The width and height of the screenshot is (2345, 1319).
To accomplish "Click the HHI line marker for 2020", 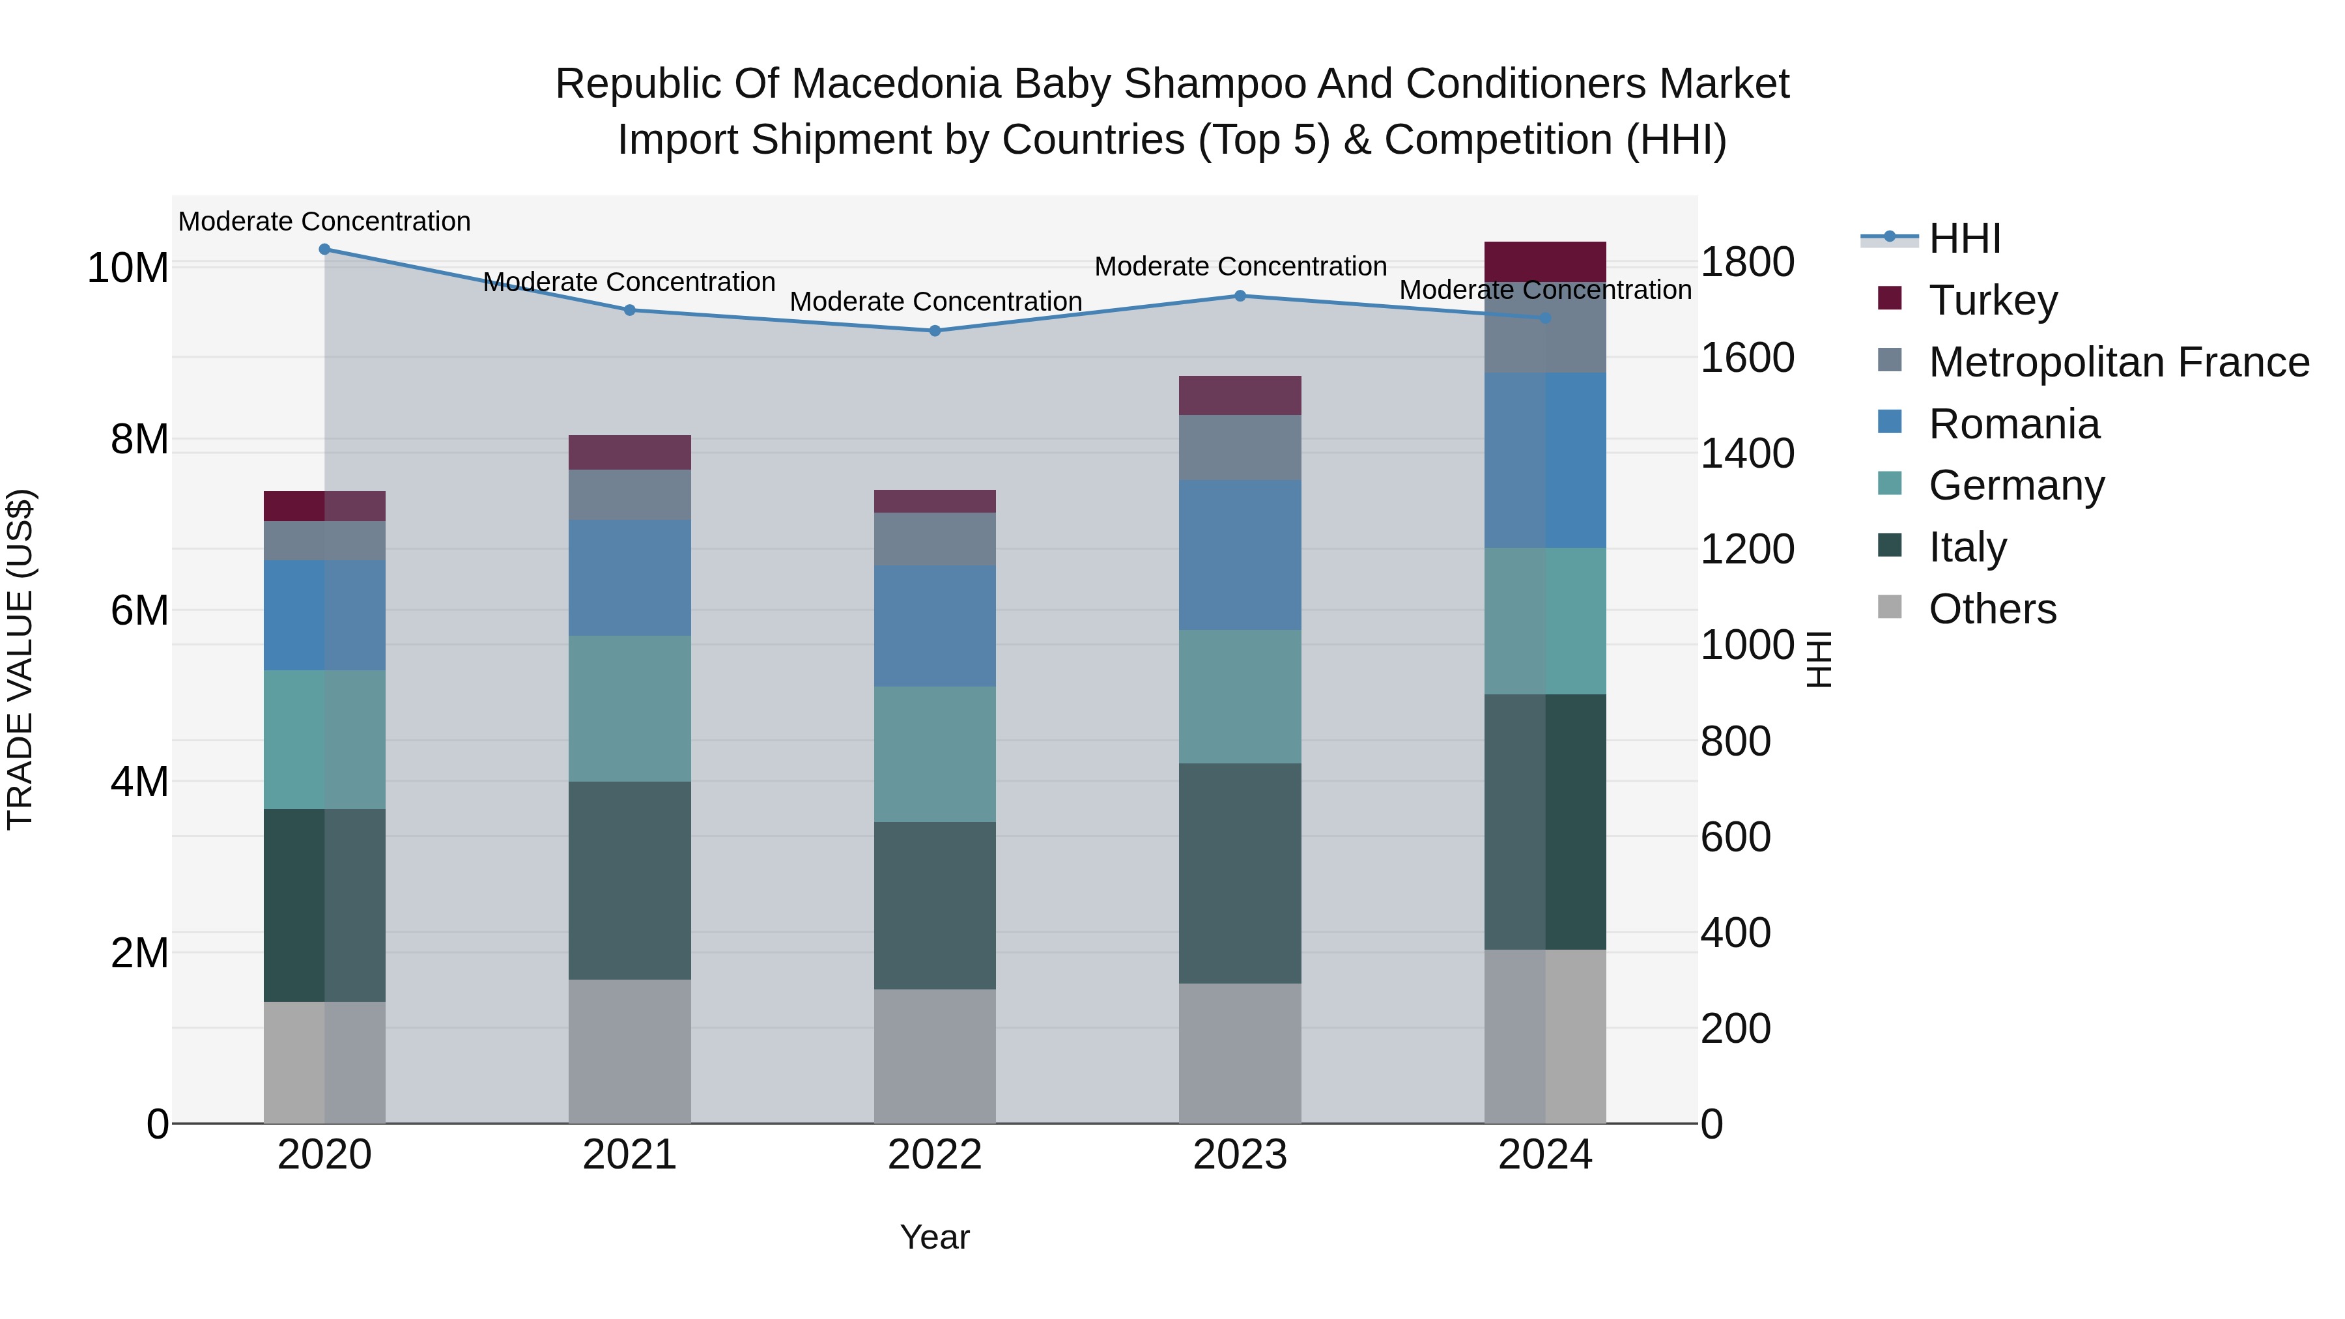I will pyautogui.click(x=324, y=249).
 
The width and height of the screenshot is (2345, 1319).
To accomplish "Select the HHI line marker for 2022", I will pyautogui.click(x=934, y=330).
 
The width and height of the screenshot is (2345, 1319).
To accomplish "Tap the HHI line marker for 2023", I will pyautogui.click(x=1239, y=295).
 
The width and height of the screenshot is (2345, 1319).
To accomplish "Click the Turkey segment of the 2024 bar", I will pyautogui.click(x=1545, y=261).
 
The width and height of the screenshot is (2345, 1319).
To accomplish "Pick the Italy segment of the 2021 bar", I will pyautogui.click(x=629, y=879).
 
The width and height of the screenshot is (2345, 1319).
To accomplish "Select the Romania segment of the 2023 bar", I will pyautogui.click(x=1239, y=554).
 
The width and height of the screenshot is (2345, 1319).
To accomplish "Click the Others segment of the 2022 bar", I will pyautogui.click(x=934, y=1055).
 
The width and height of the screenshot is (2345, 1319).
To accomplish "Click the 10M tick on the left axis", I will pyautogui.click(x=128, y=268).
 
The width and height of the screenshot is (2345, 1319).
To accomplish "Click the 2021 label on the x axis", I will pyautogui.click(x=629, y=1154).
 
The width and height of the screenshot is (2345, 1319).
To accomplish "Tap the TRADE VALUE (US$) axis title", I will pyautogui.click(x=20, y=659).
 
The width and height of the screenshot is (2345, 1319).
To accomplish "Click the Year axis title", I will pyautogui.click(x=934, y=1236).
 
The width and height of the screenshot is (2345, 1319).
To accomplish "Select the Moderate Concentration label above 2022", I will pyautogui.click(x=935, y=302).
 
